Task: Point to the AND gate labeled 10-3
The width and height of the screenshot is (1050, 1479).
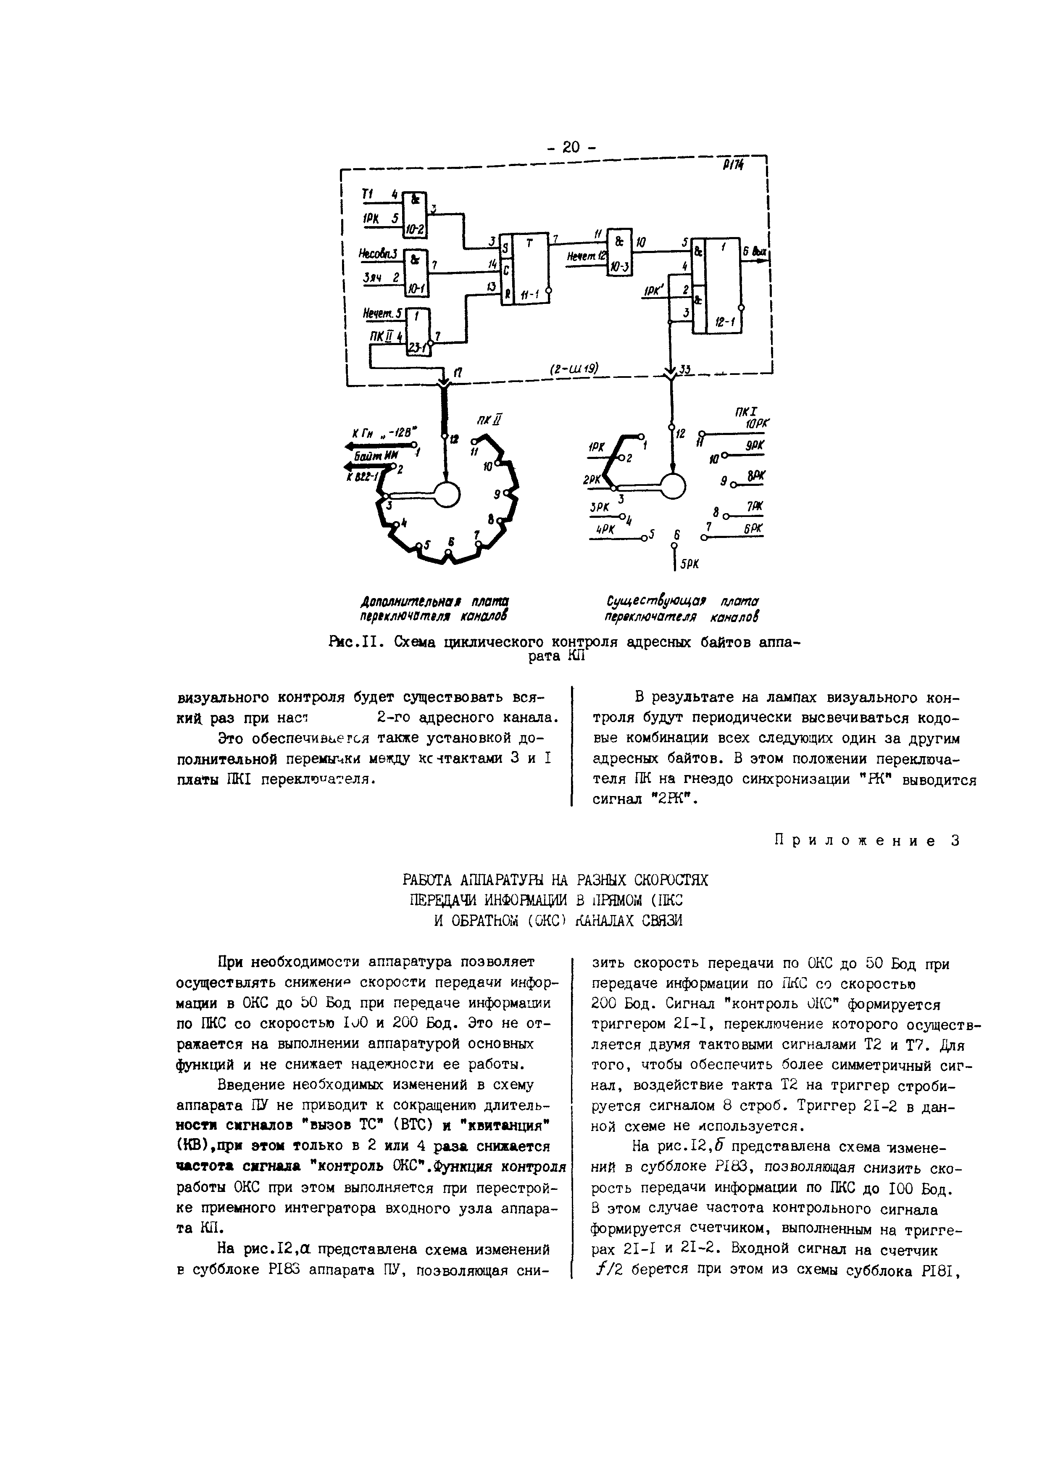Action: coord(619,252)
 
